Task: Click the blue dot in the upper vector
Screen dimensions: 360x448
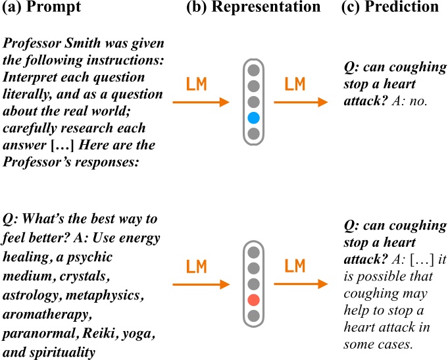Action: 253,118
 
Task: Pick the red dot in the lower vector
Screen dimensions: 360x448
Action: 253,300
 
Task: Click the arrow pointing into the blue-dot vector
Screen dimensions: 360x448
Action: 200,102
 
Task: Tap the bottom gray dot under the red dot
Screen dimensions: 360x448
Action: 253,316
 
